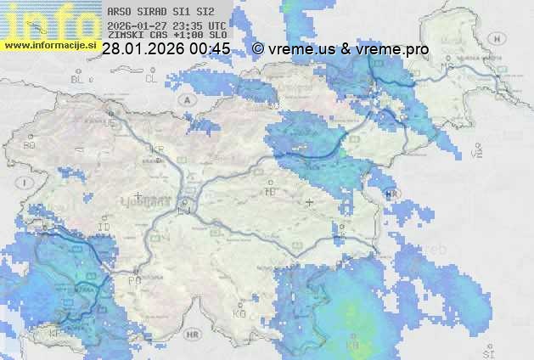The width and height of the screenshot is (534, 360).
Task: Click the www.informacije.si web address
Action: click(x=48, y=45)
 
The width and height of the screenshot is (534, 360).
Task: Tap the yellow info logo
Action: click(x=48, y=19)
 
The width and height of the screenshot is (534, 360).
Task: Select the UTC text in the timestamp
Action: click(x=216, y=25)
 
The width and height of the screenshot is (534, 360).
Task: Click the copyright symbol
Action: click(x=258, y=49)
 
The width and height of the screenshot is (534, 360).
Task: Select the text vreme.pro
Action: click(x=393, y=49)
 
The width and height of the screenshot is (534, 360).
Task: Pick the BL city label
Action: click(x=78, y=79)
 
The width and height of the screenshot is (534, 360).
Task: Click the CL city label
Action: click(x=151, y=79)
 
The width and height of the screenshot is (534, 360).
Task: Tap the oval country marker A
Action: click(x=186, y=98)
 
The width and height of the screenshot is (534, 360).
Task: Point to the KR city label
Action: click(x=157, y=149)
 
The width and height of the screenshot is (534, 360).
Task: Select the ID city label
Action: click(x=104, y=228)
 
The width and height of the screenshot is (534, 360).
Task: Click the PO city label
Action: click(x=133, y=280)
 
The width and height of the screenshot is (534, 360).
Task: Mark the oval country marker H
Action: click(x=499, y=38)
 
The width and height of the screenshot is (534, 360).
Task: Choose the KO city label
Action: click(x=239, y=314)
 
